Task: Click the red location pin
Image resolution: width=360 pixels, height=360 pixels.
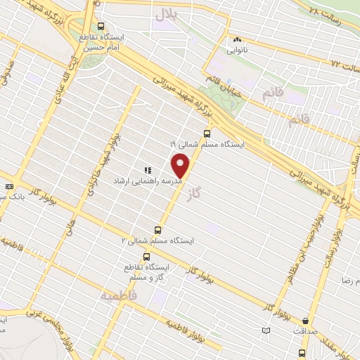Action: [181, 166]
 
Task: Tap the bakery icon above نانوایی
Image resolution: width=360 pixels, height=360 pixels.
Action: [236, 40]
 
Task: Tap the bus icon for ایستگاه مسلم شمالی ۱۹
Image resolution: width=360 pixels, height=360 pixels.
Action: [207, 132]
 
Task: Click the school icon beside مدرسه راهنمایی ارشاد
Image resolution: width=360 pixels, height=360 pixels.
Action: [148, 169]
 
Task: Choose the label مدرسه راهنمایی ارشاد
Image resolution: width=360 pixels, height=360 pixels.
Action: [148, 181]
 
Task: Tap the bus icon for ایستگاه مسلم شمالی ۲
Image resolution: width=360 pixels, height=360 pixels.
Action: [157, 229]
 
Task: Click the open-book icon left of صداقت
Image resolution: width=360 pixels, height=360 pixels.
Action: [266, 330]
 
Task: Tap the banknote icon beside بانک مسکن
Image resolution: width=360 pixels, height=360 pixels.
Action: [8, 186]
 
